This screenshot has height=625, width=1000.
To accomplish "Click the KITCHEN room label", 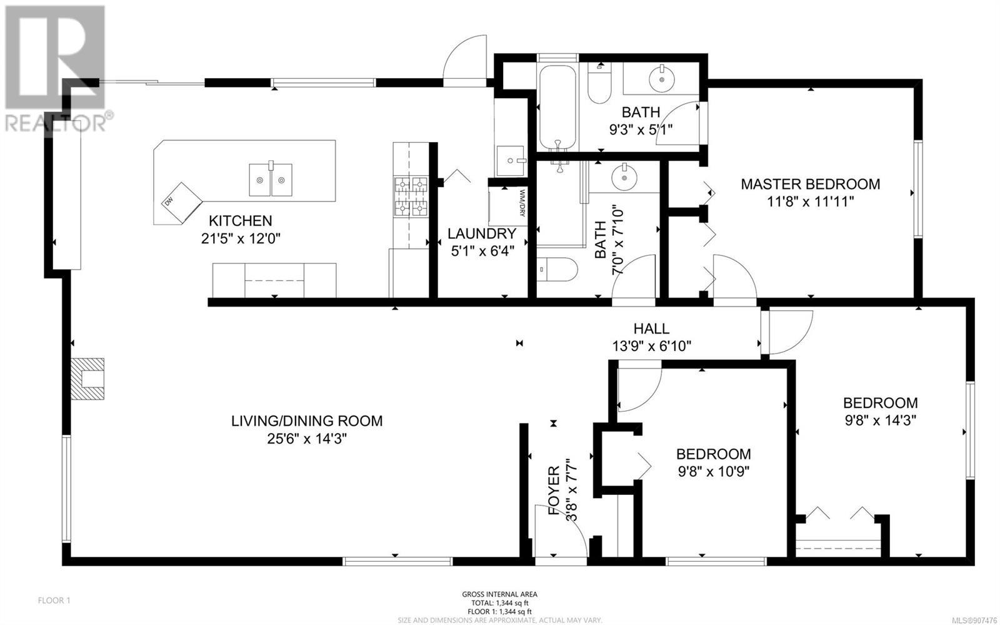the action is (x=241, y=221).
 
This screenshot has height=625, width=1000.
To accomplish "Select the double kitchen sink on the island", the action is (x=271, y=179).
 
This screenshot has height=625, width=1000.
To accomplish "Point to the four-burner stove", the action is (x=410, y=197).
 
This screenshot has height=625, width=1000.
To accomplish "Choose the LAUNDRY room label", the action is (x=482, y=233).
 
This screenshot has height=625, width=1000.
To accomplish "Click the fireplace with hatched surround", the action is (x=87, y=379).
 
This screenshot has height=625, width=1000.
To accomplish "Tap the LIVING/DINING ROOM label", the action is (x=307, y=421).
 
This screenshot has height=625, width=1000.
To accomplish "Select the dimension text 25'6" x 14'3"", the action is (x=307, y=439).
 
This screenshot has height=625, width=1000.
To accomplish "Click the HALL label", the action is (x=651, y=329).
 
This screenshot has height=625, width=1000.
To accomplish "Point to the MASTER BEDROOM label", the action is (x=811, y=184).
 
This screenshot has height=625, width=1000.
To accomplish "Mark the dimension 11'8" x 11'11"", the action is (x=811, y=202).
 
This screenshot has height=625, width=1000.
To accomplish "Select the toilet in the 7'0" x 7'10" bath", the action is (x=557, y=270).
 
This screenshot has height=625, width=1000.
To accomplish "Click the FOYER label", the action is (x=554, y=490).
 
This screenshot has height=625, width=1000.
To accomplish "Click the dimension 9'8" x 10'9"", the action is (x=713, y=472).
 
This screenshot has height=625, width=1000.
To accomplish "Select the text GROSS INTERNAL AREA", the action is (x=499, y=594).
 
